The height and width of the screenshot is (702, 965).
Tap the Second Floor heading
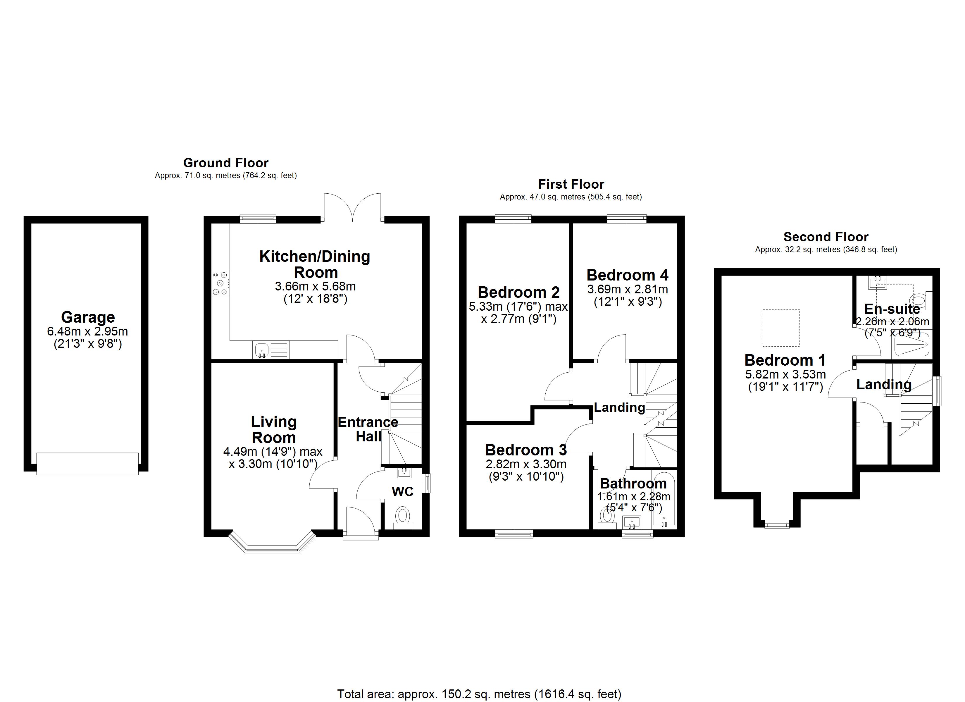pyautogui.click(x=826, y=237)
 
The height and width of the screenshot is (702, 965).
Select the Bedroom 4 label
pyautogui.click(x=627, y=276)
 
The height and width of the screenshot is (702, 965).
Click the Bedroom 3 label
pyautogui.click(x=526, y=450)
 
